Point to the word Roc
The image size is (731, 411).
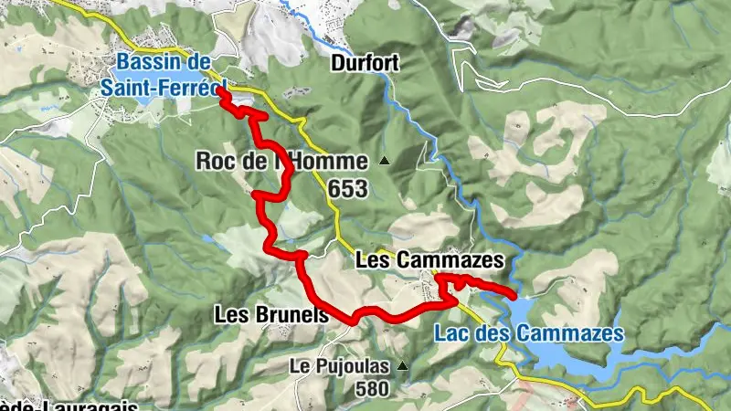click(215, 162)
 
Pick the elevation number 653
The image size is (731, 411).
click(349, 189)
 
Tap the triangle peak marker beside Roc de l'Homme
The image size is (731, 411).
click(384, 163)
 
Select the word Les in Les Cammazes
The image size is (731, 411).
click(369, 260)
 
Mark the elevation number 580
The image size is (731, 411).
click(372, 388)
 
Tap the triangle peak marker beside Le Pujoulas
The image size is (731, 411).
click(401, 367)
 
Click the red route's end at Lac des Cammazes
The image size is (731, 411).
click(515, 295)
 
